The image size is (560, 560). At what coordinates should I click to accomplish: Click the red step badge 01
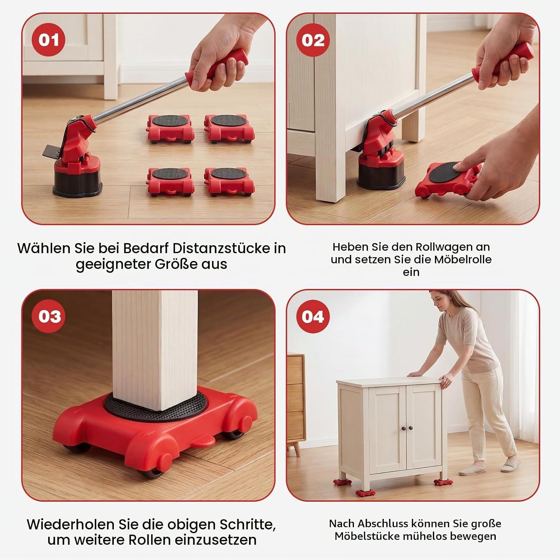(x=49, y=40)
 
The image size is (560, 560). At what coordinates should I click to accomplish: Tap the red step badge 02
(x=313, y=40)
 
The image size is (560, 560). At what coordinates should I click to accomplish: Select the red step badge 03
(x=49, y=316)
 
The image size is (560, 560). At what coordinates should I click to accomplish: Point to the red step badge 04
(x=313, y=316)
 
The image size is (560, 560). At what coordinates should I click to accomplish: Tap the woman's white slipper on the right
(x=511, y=466)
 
